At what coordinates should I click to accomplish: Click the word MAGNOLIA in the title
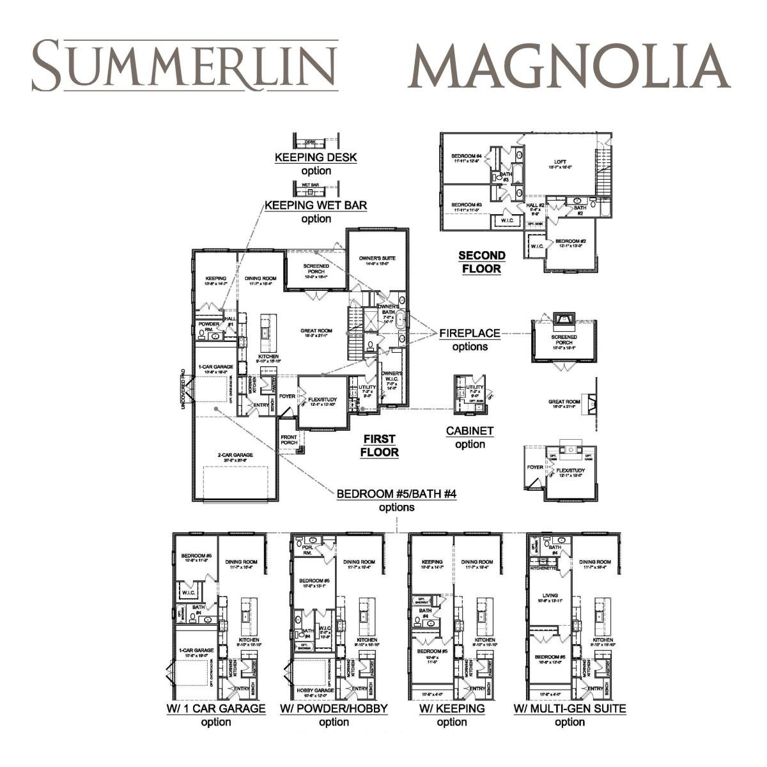coord(568,66)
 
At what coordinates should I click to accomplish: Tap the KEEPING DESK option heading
coord(316,157)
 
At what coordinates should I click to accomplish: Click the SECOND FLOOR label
coord(481,262)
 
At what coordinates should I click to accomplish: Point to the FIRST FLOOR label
coord(379,445)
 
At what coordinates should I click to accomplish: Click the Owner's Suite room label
coord(377,259)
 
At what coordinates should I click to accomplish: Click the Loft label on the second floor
coord(559,163)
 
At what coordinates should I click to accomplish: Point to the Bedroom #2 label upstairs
coord(571,242)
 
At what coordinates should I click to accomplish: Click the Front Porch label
coord(289,440)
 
